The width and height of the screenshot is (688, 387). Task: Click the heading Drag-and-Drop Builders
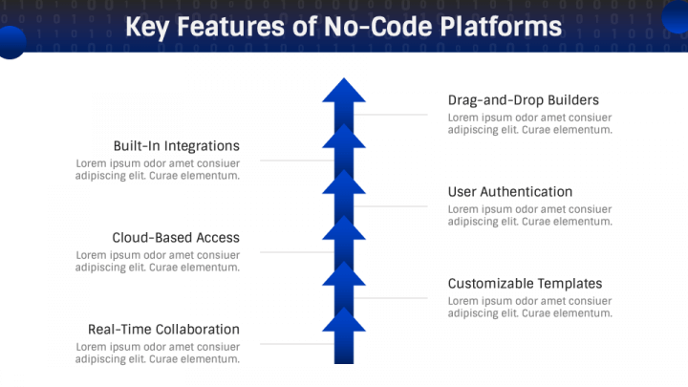523,100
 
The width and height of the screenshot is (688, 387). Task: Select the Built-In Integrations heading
176,146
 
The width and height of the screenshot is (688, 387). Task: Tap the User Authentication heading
509,192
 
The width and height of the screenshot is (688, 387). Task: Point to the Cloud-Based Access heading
176,238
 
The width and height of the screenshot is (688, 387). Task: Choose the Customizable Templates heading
525,284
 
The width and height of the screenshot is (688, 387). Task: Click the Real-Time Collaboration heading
163,330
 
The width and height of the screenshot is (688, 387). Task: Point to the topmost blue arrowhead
344,91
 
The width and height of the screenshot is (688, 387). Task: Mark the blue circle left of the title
11,42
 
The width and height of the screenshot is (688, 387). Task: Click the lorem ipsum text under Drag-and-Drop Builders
529,123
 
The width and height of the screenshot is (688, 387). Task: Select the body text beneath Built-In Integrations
158,169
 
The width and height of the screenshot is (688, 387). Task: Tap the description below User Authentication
529,215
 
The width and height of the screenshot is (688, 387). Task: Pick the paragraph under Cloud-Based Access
158,261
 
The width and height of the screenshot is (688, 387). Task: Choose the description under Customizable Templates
529,307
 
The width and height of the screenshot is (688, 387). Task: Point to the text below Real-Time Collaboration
158,353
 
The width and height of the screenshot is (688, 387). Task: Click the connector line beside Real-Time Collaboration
291,344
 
